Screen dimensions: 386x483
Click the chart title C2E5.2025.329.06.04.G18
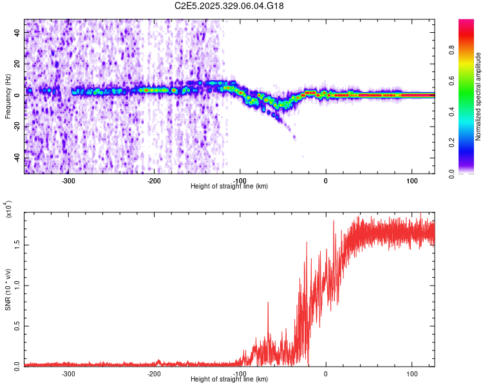click(230, 6)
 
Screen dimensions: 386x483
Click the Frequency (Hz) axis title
click(8, 96)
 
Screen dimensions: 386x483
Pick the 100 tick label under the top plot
click(412, 180)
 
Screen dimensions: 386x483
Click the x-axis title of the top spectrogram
click(229, 187)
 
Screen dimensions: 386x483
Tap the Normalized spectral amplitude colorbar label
click(478, 96)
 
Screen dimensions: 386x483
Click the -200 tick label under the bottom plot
click(154, 373)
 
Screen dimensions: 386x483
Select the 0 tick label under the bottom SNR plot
click(326, 373)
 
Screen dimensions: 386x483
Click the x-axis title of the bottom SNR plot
click(229, 380)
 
